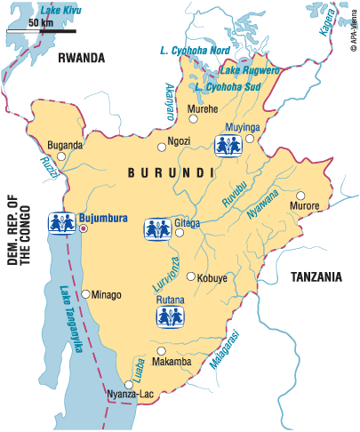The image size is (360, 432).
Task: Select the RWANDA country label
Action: [x=81, y=58]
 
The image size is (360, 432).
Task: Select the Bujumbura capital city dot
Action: [x=84, y=228]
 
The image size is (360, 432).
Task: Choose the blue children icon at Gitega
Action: [x=158, y=228]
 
